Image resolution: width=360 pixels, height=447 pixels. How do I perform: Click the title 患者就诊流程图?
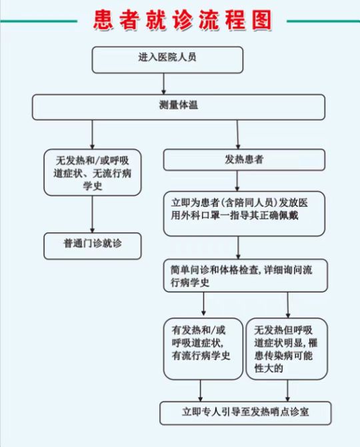183,20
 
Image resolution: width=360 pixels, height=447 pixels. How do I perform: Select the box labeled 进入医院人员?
167,60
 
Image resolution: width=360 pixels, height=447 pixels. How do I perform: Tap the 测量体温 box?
179,107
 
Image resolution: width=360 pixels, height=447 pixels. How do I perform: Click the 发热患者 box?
244,159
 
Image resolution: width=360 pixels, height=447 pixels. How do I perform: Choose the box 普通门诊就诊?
92,246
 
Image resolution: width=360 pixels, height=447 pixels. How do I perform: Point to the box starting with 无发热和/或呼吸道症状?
92,172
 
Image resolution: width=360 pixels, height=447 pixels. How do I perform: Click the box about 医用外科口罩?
244,213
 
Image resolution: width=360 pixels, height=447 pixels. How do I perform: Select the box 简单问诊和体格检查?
245,276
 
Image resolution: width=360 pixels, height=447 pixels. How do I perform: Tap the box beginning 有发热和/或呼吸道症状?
203,349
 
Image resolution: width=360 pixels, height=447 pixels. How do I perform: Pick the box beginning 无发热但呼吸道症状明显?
287,349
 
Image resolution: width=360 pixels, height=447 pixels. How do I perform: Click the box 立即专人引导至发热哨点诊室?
245,413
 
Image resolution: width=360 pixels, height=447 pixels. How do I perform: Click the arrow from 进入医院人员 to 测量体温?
163,84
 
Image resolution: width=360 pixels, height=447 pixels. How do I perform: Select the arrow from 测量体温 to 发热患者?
238,134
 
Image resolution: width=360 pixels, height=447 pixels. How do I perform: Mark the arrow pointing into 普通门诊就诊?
92,214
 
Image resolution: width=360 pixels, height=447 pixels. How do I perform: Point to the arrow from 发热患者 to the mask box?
237,181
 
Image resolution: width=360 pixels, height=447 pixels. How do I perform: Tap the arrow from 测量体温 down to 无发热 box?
92,134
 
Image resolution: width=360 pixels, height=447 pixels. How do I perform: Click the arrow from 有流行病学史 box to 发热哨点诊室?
201,390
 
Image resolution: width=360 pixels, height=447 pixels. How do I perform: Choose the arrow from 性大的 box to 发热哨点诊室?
287,390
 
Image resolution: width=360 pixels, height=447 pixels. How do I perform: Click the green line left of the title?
39,21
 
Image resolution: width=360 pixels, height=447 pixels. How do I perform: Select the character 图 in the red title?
262,20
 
